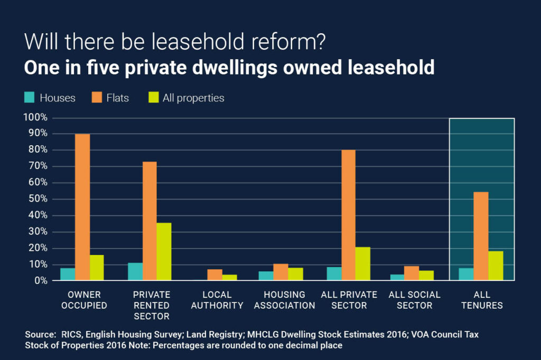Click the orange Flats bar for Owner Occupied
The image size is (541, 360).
click(82, 207)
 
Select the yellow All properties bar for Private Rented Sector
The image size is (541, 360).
click(164, 252)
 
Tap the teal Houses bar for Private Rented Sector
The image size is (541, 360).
click(135, 271)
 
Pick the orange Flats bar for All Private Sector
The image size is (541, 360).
click(348, 215)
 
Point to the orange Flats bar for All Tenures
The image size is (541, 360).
click(481, 236)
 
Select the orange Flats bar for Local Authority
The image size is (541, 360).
click(214, 274)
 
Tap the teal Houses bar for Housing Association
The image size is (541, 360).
click(266, 276)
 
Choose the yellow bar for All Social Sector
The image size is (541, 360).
click(426, 275)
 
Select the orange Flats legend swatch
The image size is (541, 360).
click(96, 98)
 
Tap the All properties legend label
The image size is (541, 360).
click(193, 98)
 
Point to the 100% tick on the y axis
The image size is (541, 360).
click(35, 118)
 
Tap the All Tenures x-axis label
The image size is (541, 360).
click(482, 300)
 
